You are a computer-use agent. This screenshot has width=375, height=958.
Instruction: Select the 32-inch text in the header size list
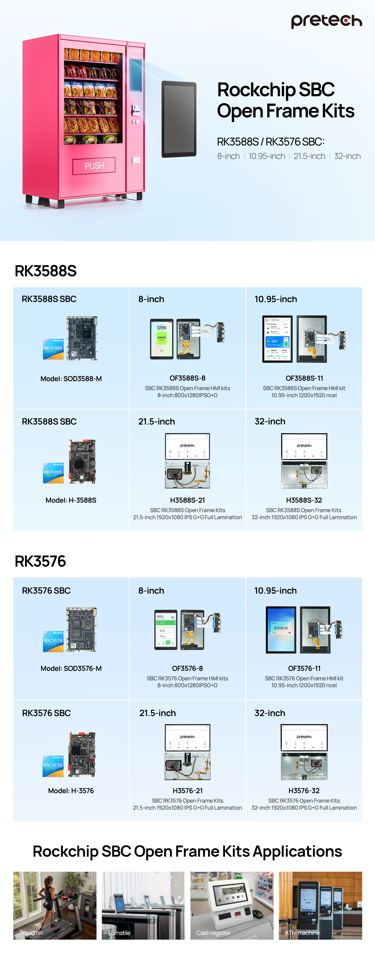pos(347,156)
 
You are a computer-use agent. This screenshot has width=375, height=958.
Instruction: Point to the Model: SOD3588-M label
pos(71,379)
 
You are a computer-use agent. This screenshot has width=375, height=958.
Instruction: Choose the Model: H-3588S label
pos(71,500)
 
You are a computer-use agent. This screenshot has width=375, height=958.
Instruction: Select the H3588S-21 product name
pos(187,500)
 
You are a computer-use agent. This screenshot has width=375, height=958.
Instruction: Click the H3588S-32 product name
pos(304,500)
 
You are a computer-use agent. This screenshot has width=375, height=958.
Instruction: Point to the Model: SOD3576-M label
pos(71,668)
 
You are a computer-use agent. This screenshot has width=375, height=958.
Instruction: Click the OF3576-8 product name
pos(187,668)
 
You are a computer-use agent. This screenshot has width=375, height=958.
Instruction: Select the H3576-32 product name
pos(304,791)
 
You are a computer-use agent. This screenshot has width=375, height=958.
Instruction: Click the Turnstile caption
pos(119,933)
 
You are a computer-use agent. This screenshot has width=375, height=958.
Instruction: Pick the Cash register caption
pos(213,933)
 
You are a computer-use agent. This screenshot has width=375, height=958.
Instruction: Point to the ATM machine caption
pos(302,933)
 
